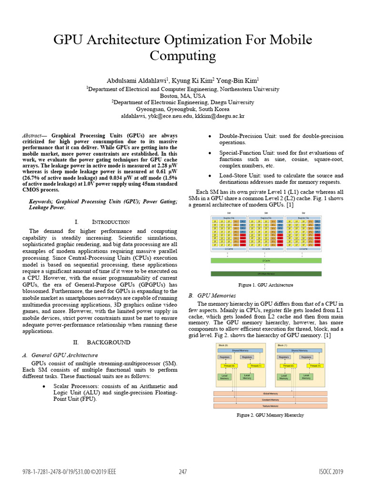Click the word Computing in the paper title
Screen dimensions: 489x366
tap(183, 56)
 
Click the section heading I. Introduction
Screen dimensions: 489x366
tap(102, 222)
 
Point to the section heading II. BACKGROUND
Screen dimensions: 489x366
tap(102, 342)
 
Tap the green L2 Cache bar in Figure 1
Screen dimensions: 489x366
tap(266, 261)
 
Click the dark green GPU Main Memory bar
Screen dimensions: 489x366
tap(266, 274)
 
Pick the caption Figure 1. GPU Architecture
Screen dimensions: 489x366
tap(266, 285)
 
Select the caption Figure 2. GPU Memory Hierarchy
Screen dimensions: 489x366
tap(270, 415)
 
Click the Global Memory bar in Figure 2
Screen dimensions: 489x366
tap(270, 393)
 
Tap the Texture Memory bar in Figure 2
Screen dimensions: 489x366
tap(270, 406)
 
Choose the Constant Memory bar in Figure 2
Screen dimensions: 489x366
tap(270, 400)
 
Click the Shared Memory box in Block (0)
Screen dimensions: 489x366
tap(241, 351)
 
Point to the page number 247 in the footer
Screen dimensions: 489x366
tap(183, 472)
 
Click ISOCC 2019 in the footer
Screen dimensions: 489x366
tap(331, 472)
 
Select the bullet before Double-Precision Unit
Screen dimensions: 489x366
tap(210, 137)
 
